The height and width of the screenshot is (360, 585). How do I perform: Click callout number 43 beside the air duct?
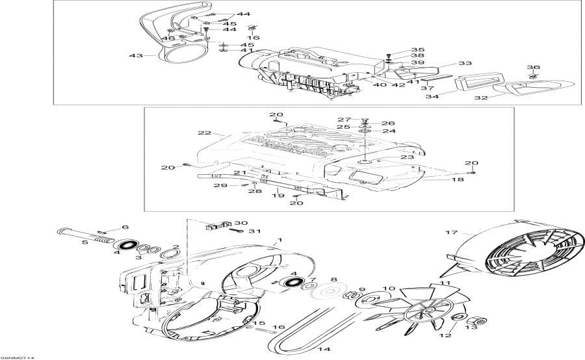tap(135, 55)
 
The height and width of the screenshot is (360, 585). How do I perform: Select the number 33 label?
tap(465, 64)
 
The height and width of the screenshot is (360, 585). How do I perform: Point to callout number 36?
tap(534, 67)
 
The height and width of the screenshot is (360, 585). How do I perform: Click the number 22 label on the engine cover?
tap(205, 133)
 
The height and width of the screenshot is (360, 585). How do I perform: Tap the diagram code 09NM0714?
tap(18, 356)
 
